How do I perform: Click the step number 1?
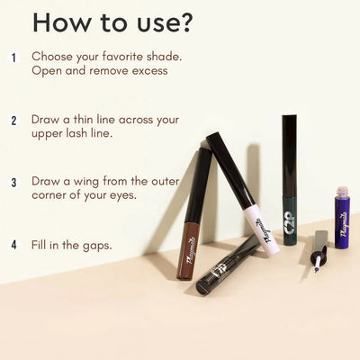click(x=13, y=57)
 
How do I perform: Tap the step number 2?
click(x=13, y=120)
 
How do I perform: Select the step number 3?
click(x=13, y=182)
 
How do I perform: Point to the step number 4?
click(x=13, y=244)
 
